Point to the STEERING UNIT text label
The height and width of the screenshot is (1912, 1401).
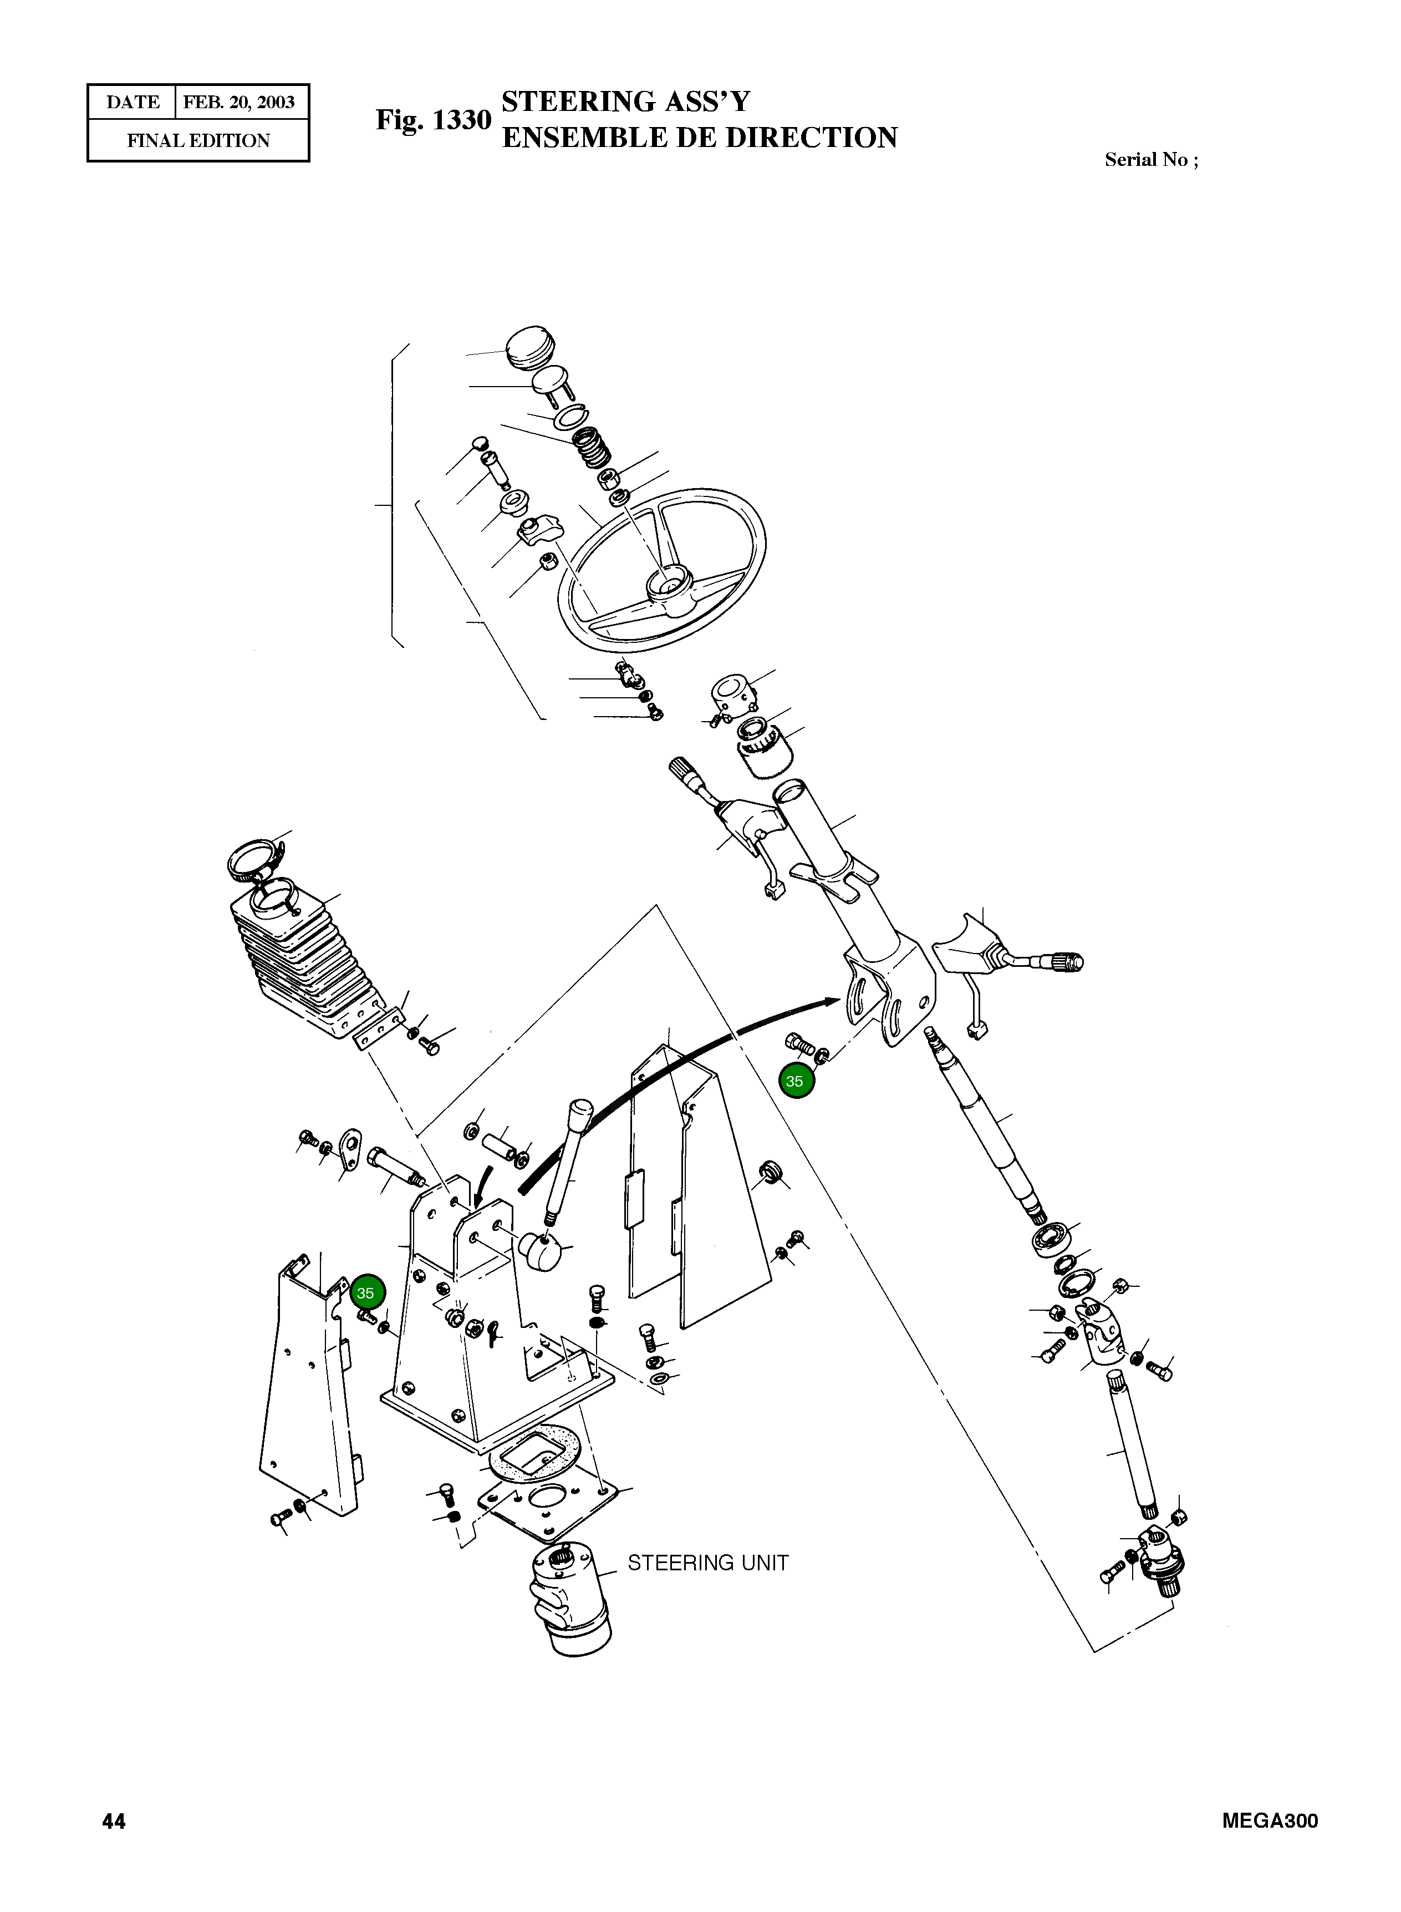point(708,1563)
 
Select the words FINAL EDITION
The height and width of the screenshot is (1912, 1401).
point(198,141)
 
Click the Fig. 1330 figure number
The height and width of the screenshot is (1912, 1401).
point(434,120)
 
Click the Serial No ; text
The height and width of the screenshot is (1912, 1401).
point(1151,160)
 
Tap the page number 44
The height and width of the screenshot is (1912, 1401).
point(114,1821)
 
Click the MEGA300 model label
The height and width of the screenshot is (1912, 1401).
point(1270,1821)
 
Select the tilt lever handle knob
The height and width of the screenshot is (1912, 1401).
point(581,1111)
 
